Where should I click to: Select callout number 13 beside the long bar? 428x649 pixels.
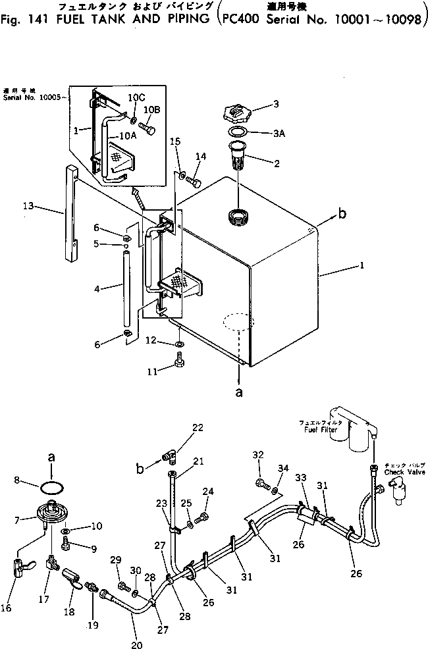27,207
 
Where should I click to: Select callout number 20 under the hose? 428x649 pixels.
136,644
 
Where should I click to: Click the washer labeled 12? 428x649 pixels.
179,344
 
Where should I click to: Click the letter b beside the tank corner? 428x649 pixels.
341,213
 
